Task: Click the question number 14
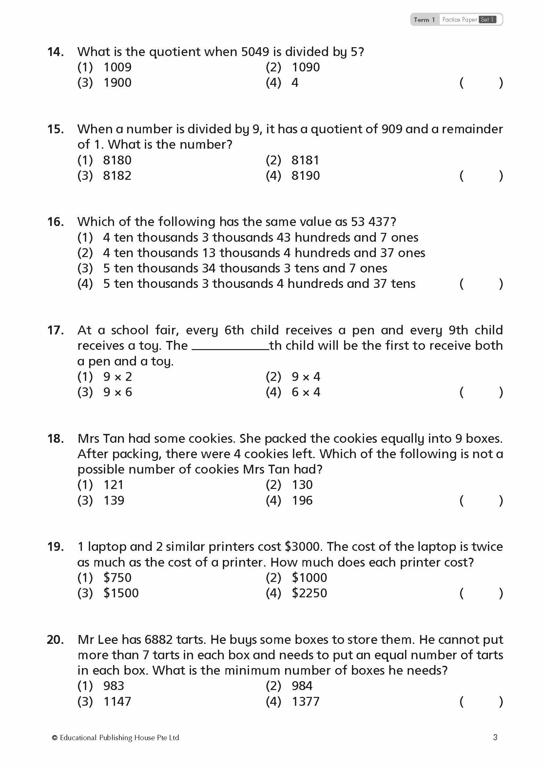click(x=55, y=52)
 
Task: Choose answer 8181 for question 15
click(x=305, y=160)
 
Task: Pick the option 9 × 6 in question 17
click(x=118, y=392)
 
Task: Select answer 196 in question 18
click(x=302, y=500)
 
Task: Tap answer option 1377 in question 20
click(x=305, y=701)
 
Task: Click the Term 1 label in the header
click(x=424, y=20)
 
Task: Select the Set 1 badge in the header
click(x=487, y=20)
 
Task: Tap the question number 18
click(x=55, y=439)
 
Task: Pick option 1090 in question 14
click(x=306, y=67)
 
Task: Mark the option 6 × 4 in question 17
click(x=306, y=392)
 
